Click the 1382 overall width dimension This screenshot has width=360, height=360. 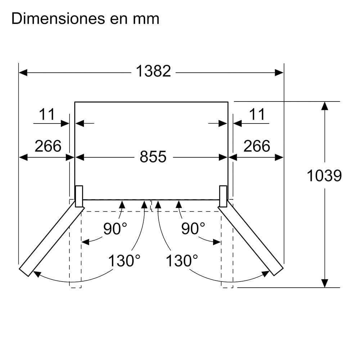[x=153, y=71]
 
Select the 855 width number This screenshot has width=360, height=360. [x=153, y=157]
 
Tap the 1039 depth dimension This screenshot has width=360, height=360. [x=324, y=176]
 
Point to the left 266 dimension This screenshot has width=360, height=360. [x=48, y=146]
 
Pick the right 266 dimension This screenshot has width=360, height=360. [x=257, y=146]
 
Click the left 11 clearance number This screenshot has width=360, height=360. [x=47, y=114]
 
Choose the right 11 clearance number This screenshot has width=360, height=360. [x=257, y=114]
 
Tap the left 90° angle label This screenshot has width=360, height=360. [x=115, y=228]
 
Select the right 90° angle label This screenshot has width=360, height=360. [x=193, y=228]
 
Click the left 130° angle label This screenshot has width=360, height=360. [x=124, y=261]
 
